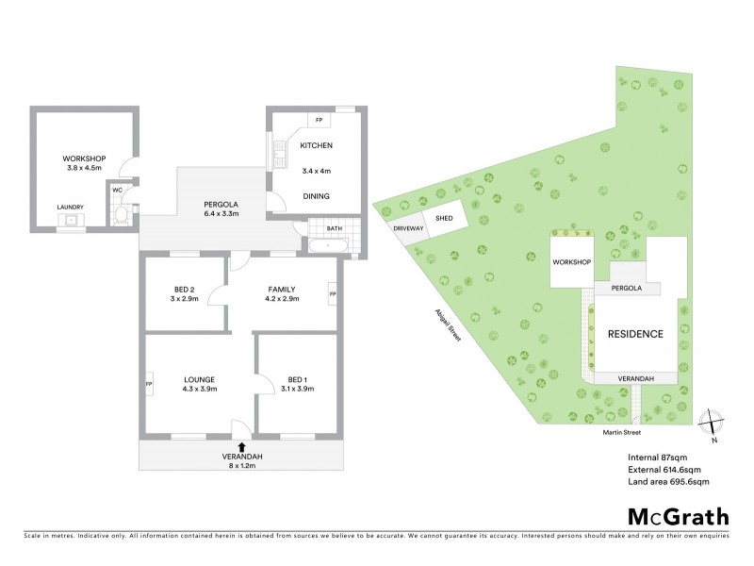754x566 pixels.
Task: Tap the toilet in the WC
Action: coord(121,215)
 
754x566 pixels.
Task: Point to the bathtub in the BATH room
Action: coord(328,245)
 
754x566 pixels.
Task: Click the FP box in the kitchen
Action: coord(319,120)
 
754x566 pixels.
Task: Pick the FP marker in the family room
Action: coord(333,294)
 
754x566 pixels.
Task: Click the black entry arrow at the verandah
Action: coord(243,446)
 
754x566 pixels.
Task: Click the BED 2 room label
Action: coord(185,290)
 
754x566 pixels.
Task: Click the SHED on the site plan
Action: coord(443,219)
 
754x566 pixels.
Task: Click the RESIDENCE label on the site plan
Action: coord(634,334)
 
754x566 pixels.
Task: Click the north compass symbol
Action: coord(712,422)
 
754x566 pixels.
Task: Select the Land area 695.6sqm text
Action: coord(667,482)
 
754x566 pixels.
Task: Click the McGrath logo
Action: coord(679,516)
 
